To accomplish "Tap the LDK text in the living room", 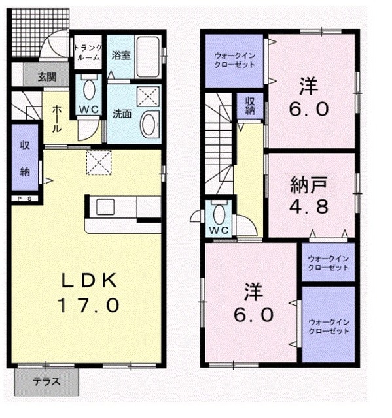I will (x=88, y=280).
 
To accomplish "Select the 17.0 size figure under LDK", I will (x=90, y=304).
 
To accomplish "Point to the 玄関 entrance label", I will (x=46, y=76).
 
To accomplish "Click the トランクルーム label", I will (x=86, y=52).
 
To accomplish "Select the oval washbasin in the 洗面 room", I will (x=150, y=123).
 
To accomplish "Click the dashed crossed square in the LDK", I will (x=100, y=163).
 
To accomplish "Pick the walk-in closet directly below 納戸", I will (x=327, y=261).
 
